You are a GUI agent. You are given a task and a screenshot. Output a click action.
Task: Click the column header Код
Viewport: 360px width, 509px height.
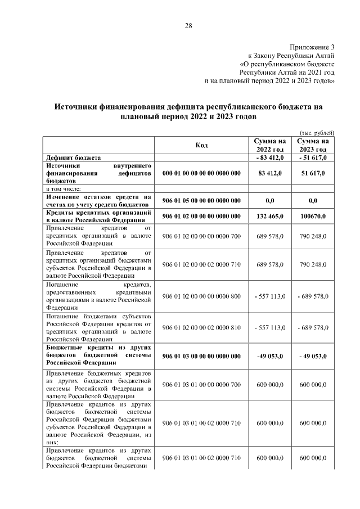201,145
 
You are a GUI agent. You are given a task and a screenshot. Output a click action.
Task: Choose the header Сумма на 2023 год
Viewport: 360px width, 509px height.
313,145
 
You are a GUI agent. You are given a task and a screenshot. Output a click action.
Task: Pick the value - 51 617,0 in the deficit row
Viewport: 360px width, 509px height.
313,158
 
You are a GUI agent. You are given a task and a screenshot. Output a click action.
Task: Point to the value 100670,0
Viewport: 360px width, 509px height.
313,217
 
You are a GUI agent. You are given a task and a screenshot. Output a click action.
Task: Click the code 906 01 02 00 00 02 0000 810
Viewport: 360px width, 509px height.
201,327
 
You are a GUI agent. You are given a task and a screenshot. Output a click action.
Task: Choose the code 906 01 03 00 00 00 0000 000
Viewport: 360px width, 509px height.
201,356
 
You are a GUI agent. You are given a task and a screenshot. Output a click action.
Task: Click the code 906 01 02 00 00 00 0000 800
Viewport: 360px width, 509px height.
201,296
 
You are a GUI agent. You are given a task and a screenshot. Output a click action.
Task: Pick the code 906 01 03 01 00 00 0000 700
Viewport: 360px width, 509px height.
201,384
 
